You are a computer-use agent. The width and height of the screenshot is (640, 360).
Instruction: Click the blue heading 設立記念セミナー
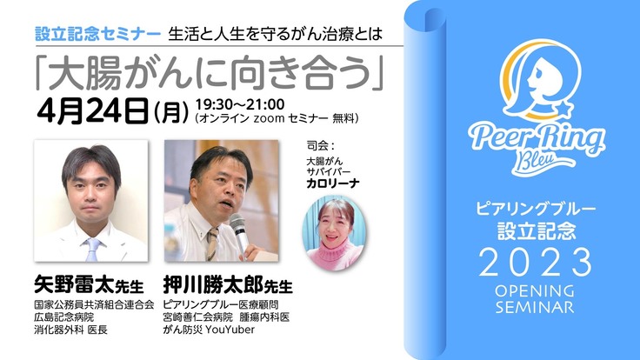[x=98, y=34]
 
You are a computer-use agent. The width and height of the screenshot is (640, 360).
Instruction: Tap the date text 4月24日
[x=93, y=110]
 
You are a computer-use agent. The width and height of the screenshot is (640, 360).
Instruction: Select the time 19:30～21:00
[x=240, y=104]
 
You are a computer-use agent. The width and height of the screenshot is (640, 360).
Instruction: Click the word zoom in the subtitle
[x=269, y=119]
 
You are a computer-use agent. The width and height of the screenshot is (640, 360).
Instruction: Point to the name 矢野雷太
[x=74, y=284]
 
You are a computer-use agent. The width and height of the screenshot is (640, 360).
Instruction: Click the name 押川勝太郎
[x=213, y=284]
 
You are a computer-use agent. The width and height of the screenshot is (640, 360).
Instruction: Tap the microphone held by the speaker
[x=239, y=234]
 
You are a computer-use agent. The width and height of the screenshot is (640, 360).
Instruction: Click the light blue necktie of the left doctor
[x=93, y=250]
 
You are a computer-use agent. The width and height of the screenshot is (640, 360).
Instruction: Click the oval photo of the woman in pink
[x=334, y=233]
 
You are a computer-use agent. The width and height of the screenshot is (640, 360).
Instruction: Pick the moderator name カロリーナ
[x=333, y=183]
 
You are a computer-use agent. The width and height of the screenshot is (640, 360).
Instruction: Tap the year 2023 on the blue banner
[x=535, y=263]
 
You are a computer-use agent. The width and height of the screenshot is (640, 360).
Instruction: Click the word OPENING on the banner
[x=535, y=291]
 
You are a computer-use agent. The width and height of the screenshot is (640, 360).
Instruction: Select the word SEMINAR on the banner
[x=535, y=307]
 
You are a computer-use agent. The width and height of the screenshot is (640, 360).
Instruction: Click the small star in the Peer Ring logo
[x=564, y=109]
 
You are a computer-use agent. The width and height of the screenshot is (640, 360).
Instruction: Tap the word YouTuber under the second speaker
[x=230, y=330]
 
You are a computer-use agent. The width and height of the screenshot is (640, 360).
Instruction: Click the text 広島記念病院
[x=64, y=317]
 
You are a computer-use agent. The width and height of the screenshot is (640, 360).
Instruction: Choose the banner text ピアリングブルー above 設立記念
[x=536, y=209]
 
